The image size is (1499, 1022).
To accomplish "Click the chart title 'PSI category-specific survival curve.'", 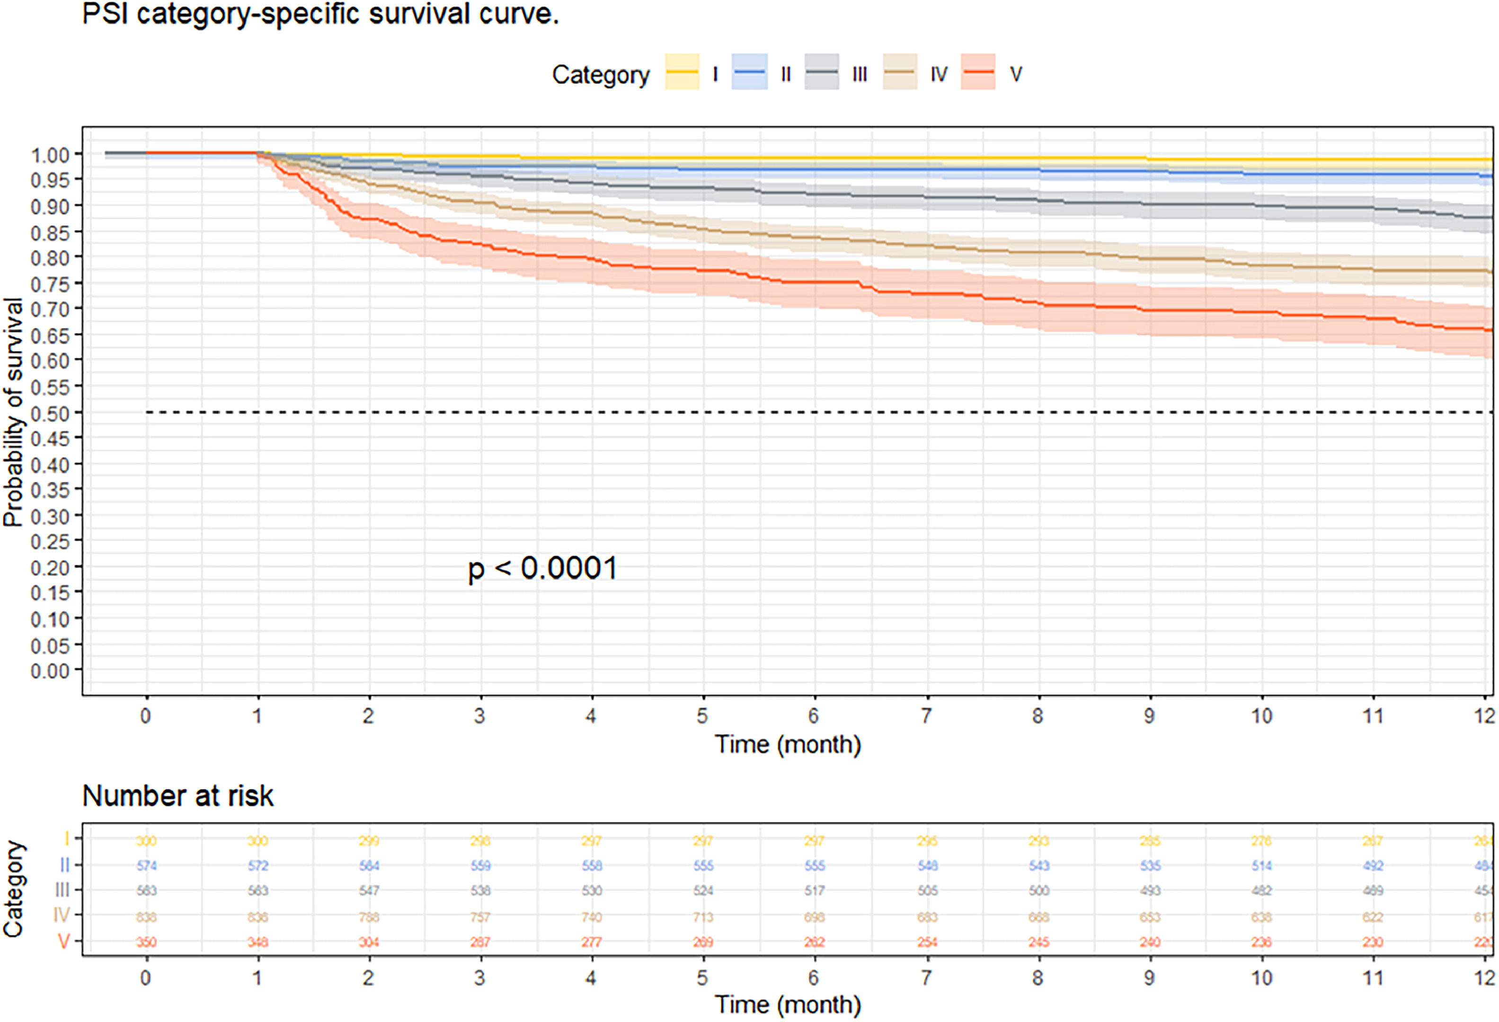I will pos(320,14).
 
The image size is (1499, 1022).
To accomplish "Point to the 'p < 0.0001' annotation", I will pos(542,569).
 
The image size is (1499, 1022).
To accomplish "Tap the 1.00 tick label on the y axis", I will pos(50,155).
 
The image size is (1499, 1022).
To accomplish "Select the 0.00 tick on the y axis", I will pos(50,671).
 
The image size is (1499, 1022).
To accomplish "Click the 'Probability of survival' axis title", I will pos(13,413).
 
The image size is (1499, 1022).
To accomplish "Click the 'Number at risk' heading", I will pos(178,796).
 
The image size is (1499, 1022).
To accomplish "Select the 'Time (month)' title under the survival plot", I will pos(788,745).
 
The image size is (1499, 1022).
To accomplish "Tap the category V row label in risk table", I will pos(64,942).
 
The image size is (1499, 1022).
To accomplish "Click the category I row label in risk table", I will pos(66,839).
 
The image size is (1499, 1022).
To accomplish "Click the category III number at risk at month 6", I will pos(814,890).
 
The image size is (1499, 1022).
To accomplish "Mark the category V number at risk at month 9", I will pos(1149,942).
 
